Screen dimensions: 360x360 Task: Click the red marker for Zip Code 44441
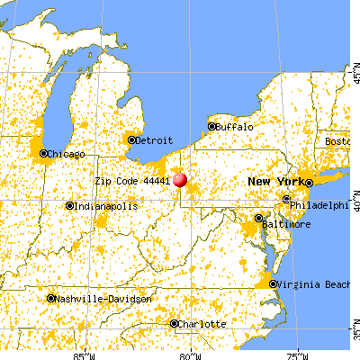pyautogui.click(x=179, y=179)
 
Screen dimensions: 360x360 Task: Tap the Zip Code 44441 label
pyautogui.click(x=132, y=180)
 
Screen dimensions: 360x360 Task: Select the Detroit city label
pyautogui.click(x=154, y=140)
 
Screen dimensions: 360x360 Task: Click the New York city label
pyautogui.click(x=275, y=182)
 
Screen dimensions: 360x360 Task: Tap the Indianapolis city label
pyautogui.click(x=106, y=206)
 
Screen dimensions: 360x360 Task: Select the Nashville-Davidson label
pyautogui.click(x=97, y=299)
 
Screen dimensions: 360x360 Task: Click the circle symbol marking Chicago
pyautogui.click(x=44, y=154)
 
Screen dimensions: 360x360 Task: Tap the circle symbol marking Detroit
pyautogui.click(x=132, y=139)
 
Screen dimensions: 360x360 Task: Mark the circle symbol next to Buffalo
pyautogui.click(x=212, y=126)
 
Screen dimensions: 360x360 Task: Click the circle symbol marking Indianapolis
pyautogui.click(x=70, y=206)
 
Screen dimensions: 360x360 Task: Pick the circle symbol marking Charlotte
pyautogui.click(x=175, y=323)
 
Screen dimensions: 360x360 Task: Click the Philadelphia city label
pyautogui.click(x=320, y=204)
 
